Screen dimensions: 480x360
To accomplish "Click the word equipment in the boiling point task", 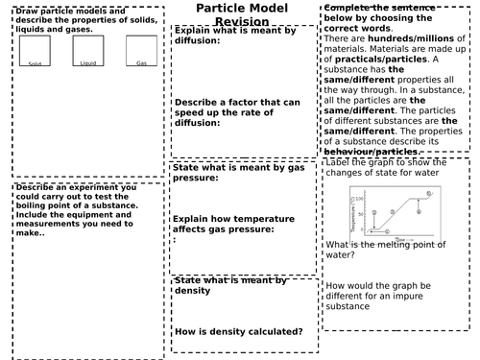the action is point(91,214).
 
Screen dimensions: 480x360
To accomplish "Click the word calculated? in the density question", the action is point(272,332).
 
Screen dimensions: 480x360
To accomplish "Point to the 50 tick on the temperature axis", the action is point(363,214).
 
